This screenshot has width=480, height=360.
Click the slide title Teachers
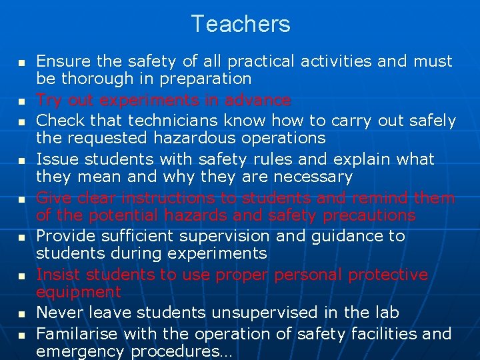coord(240,24)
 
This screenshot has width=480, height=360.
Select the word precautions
coord(365,215)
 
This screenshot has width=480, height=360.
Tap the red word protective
coord(387,275)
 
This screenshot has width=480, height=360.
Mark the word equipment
coord(79,292)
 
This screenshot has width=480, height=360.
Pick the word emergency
coord(80,351)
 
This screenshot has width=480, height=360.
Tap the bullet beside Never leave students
coord(21,313)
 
